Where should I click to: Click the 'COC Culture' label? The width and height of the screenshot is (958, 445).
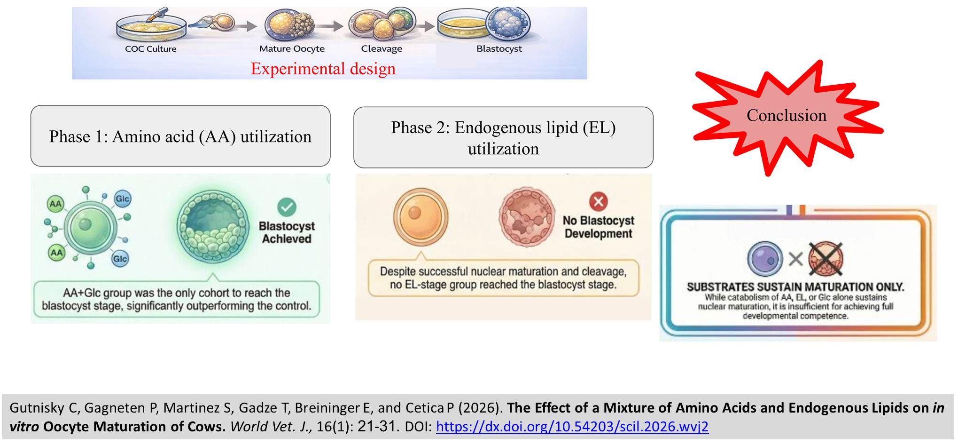[x=150, y=49]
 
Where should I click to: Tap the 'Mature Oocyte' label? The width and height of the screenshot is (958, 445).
[x=292, y=49]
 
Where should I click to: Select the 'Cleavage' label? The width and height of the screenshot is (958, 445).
[x=382, y=49]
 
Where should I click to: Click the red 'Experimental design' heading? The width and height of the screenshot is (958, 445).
[x=323, y=69]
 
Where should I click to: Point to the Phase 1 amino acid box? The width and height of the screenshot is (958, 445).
[x=180, y=136]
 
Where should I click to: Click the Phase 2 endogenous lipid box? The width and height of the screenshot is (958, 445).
[x=503, y=138]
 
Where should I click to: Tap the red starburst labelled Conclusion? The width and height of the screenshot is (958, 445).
[x=786, y=116]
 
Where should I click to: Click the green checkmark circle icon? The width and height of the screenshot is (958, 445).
[x=287, y=207]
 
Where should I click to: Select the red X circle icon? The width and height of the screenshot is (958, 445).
[x=598, y=201]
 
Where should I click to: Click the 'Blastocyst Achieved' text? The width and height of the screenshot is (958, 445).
[x=287, y=232]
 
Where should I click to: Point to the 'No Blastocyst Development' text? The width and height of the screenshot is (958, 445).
[x=598, y=227]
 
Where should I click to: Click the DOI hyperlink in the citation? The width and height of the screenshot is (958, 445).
[x=572, y=427]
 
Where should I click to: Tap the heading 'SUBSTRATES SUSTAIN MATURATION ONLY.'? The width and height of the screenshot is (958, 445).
[x=795, y=287]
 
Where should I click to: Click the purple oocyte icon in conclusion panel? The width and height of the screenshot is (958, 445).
[x=765, y=259]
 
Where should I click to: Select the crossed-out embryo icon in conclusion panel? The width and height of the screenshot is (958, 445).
[x=826, y=259]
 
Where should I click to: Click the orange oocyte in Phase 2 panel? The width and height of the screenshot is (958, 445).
[x=421, y=217]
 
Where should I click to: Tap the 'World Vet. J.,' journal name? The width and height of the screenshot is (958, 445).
[x=271, y=427]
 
